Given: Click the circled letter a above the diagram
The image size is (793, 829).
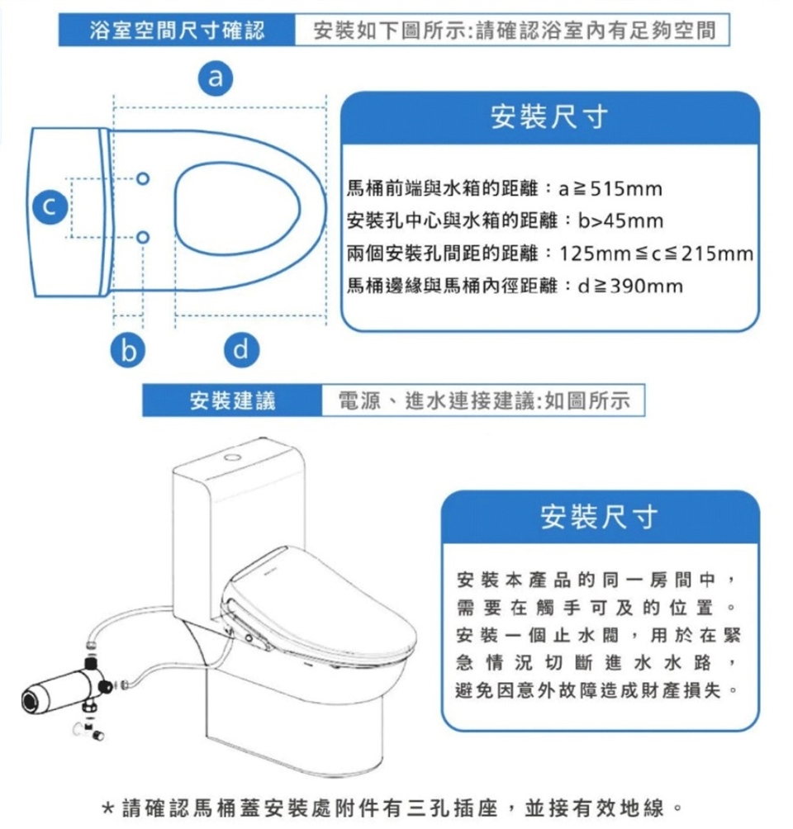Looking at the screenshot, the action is click(216, 78).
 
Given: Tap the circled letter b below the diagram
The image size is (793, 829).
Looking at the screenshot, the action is click(128, 350).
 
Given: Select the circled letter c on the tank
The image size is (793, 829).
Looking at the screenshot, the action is click(50, 206).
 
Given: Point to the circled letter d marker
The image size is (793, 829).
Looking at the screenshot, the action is click(241, 350).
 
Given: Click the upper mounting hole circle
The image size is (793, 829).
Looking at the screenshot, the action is click(143, 178).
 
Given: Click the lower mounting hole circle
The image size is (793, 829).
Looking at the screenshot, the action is click(143, 237).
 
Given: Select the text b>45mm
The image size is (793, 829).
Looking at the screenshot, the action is click(620, 221).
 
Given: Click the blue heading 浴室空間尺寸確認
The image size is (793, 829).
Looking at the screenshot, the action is click(178, 30).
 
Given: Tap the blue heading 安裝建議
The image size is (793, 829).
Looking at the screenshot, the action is click(233, 400).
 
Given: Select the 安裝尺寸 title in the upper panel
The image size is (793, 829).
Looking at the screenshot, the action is click(549, 117).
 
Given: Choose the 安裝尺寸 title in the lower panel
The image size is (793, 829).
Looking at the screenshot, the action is click(600, 517).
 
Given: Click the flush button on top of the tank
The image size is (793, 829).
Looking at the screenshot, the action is click(232, 457).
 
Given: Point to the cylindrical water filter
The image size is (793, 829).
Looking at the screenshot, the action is click(59, 692).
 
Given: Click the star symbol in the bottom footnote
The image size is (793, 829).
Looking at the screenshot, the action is click(107, 808).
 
